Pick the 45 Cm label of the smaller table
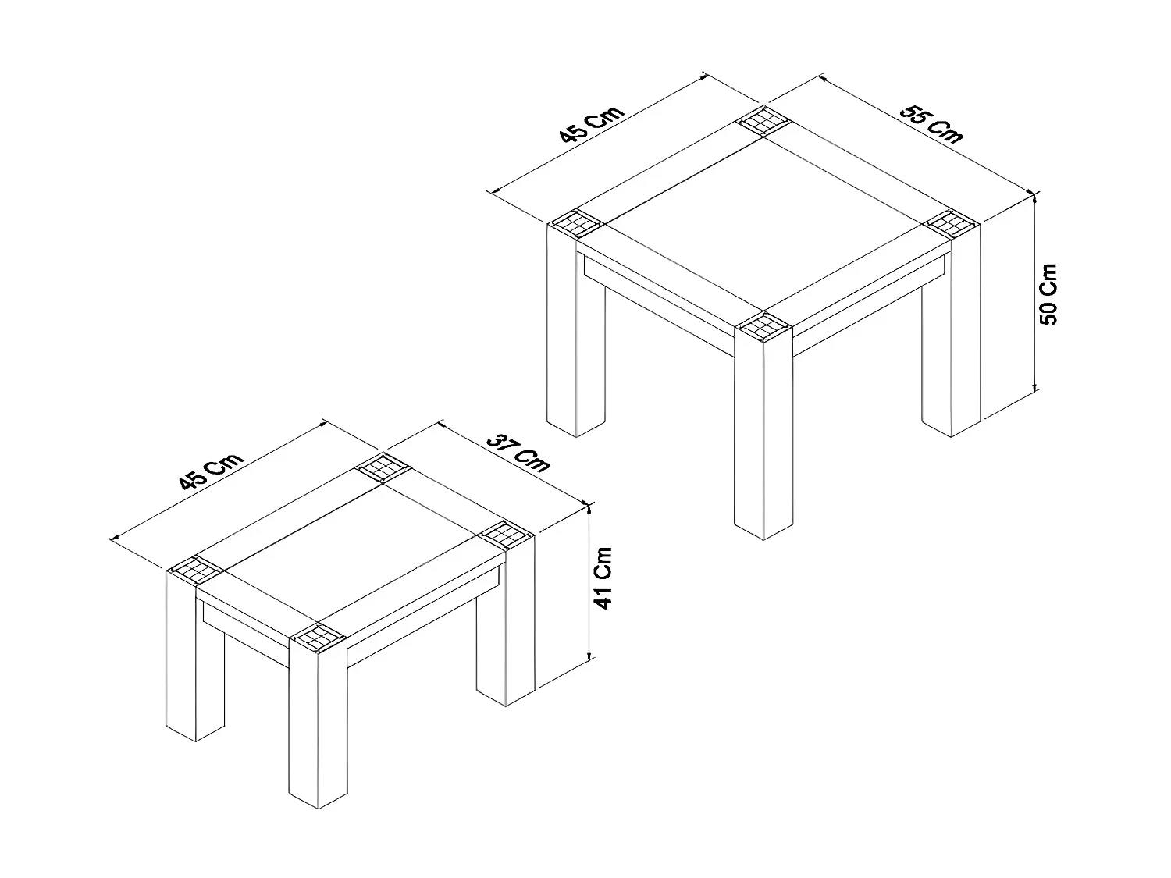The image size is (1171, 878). tap(212, 472)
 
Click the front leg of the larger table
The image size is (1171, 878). tap(763, 437)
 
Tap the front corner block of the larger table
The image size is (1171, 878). tap(763, 325)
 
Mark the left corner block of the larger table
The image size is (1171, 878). tap(576, 224)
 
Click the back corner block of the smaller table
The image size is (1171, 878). tap(382, 467)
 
